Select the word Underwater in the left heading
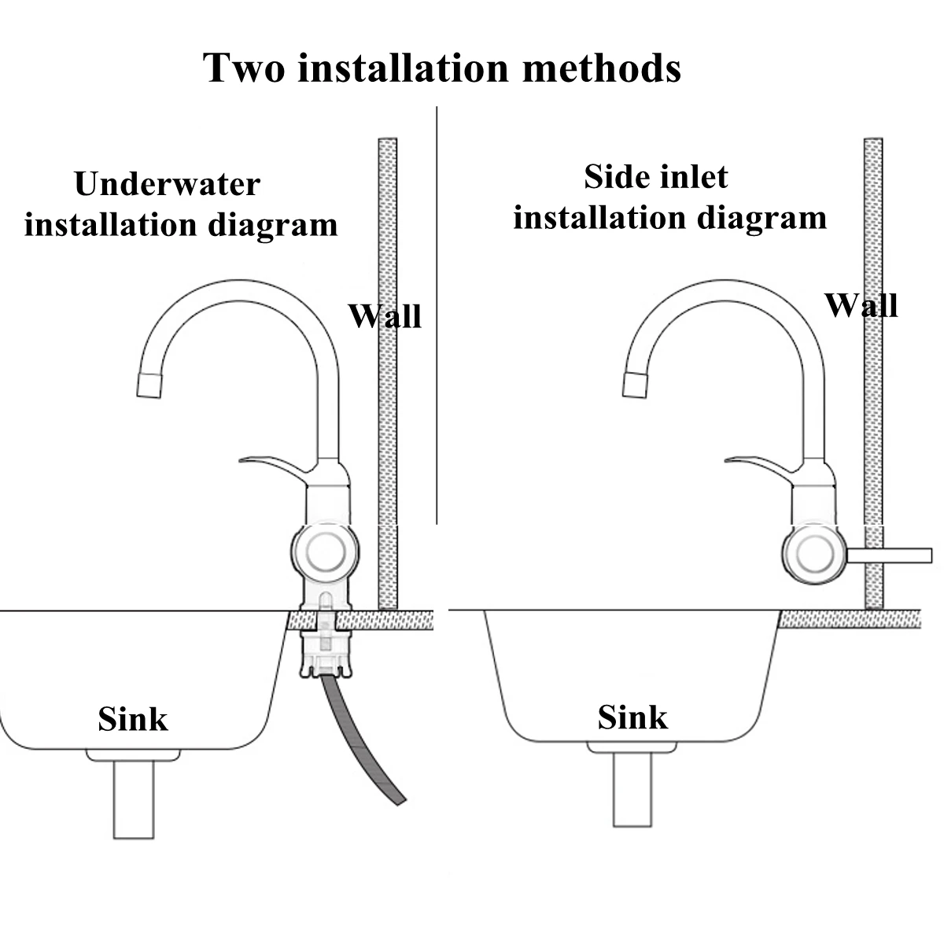(167, 185)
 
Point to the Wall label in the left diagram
(385, 316)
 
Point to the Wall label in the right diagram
(861, 305)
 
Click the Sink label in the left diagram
(133, 719)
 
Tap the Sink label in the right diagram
(632, 717)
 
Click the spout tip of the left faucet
(150, 383)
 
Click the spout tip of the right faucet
(636, 383)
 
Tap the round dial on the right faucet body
(813, 554)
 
